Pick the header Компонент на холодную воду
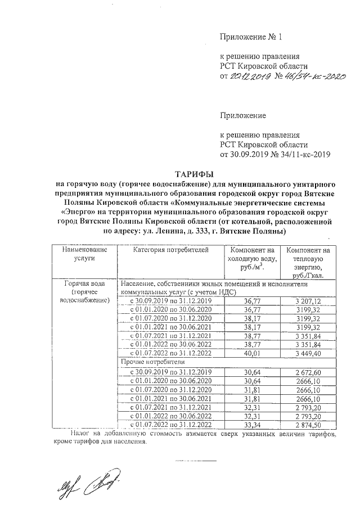tap(253, 258)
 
